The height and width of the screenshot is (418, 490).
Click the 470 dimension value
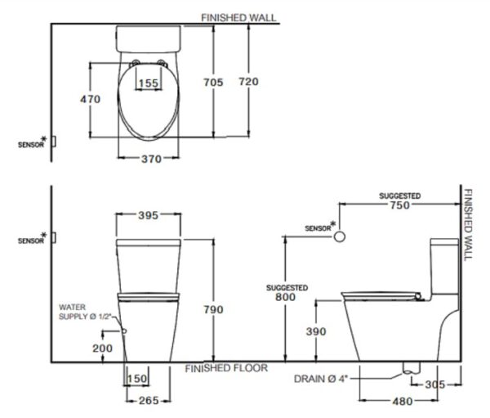(90, 99)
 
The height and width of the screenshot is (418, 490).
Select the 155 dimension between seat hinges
(148, 83)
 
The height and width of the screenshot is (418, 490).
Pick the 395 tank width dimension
(148, 216)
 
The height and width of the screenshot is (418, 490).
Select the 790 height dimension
(212, 309)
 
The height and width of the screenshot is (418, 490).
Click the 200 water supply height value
(102, 348)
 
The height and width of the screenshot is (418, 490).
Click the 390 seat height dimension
(315, 331)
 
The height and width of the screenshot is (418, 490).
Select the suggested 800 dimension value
(286, 299)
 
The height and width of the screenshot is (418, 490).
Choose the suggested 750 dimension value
(399, 207)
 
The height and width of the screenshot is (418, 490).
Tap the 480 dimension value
(400, 402)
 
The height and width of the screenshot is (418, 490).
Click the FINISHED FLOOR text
(226, 368)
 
